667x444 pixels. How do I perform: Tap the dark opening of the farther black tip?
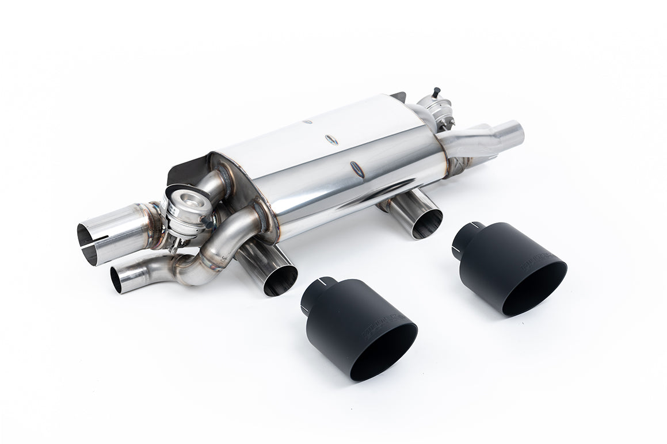(x=535, y=289)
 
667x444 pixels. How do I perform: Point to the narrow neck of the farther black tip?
(x=468, y=236)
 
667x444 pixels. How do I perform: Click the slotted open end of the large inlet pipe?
(x=88, y=244)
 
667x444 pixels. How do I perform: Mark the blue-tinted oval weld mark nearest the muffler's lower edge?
(x=356, y=169)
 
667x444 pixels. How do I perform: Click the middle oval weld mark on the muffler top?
(x=331, y=139)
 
